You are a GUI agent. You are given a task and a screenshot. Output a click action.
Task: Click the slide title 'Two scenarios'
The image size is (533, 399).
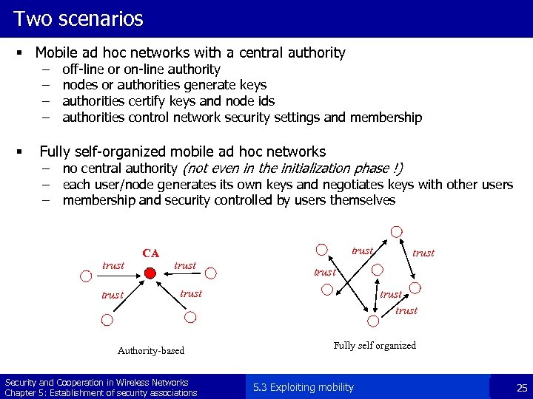click(x=78, y=18)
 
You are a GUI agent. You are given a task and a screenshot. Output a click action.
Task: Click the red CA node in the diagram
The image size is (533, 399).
click(x=150, y=273)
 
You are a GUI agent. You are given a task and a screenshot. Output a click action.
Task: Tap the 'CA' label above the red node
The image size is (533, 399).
click(x=151, y=253)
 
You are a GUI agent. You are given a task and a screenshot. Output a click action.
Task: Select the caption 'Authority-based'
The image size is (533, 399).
click(x=151, y=350)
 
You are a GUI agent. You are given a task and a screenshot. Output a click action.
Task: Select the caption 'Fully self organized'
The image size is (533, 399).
click(x=375, y=345)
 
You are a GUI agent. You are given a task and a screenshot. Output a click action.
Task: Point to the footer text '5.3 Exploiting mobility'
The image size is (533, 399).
click(x=303, y=387)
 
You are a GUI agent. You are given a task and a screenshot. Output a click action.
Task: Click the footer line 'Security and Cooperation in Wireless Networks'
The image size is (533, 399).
click(x=96, y=382)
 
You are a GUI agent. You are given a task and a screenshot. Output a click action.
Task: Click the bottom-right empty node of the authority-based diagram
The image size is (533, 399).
click(x=190, y=318)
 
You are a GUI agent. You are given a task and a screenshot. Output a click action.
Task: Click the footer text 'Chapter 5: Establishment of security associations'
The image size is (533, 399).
click(x=101, y=392)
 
